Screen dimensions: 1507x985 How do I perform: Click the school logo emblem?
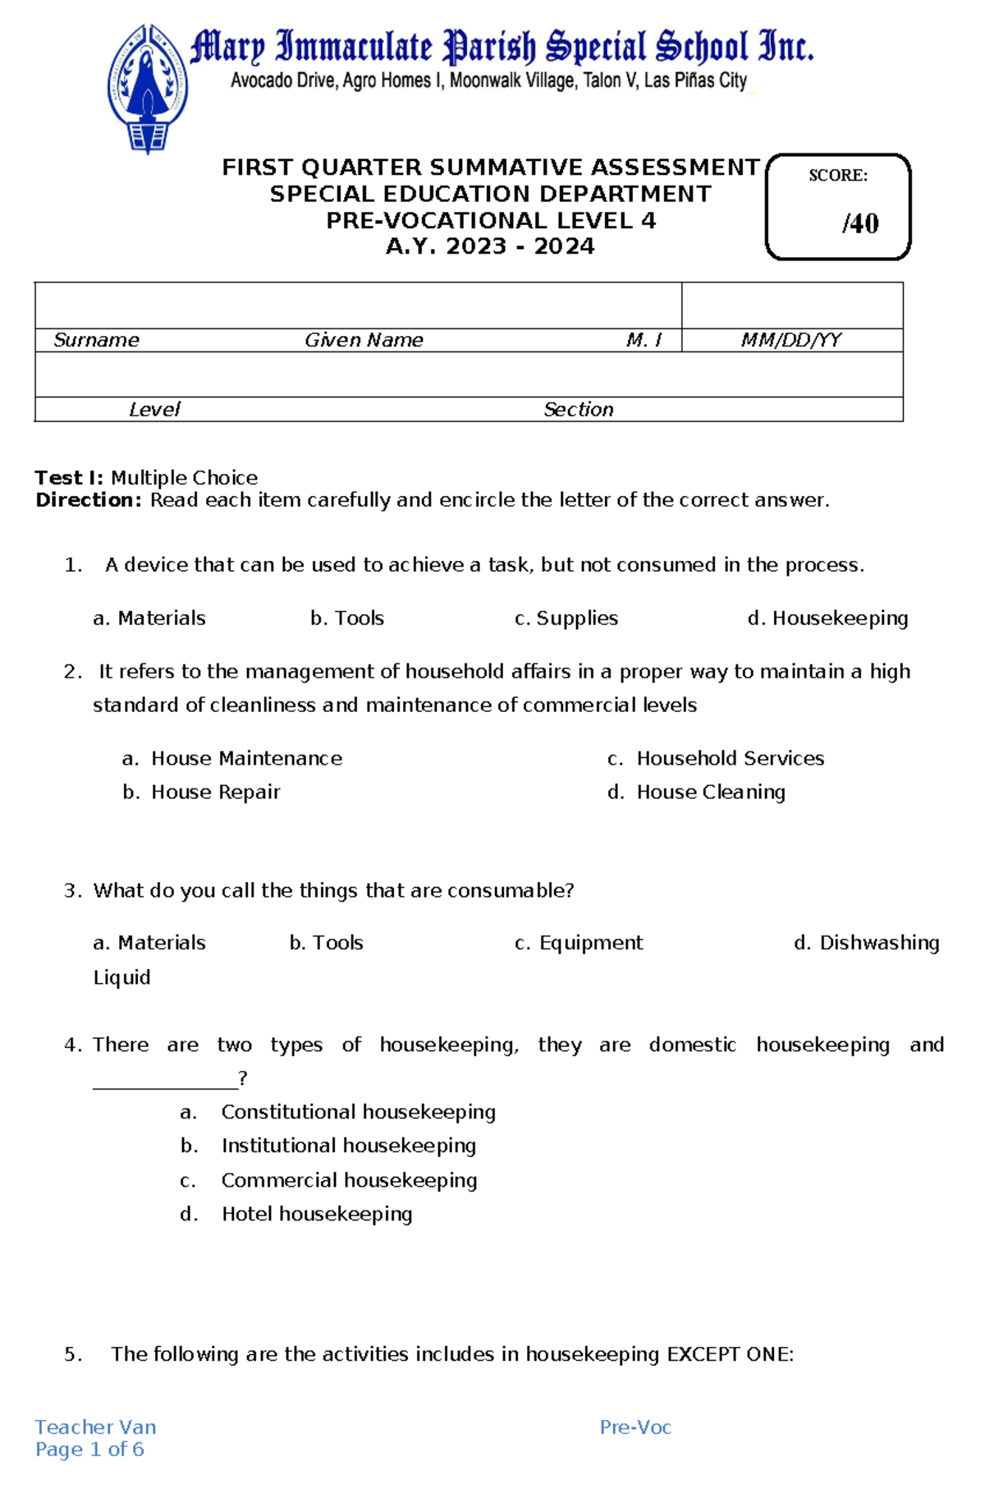[x=148, y=89]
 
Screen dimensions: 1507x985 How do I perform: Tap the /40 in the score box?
[x=859, y=223]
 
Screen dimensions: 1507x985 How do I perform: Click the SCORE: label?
[x=837, y=175]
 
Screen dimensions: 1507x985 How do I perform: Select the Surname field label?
[x=96, y=340]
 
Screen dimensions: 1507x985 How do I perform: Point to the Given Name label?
[x=364, y=340]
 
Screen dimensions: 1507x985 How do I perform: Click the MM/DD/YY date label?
[x=790, y=340]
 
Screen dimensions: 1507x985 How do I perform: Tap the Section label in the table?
[x=578, y=409]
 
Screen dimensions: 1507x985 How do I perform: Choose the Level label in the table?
[x=154, y=409]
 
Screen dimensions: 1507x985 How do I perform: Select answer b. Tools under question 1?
[x=347, y=618]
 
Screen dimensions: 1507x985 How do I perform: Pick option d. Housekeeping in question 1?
[x=827, y=618]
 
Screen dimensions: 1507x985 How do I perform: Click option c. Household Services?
[x=716, y=758]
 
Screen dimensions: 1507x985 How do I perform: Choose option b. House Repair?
[x=201, y=792]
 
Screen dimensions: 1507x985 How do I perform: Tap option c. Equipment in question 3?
[x=579, y=943]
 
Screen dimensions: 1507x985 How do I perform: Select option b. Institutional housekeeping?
[x=328, y=1145]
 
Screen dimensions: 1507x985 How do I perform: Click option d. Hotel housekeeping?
[x=296, y=1214]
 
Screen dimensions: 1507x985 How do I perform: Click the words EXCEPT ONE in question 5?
[x=730, y=1354]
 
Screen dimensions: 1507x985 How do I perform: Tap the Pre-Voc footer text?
[x=635, y=1427]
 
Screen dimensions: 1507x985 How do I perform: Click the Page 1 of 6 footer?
[x=89, y=1450]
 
